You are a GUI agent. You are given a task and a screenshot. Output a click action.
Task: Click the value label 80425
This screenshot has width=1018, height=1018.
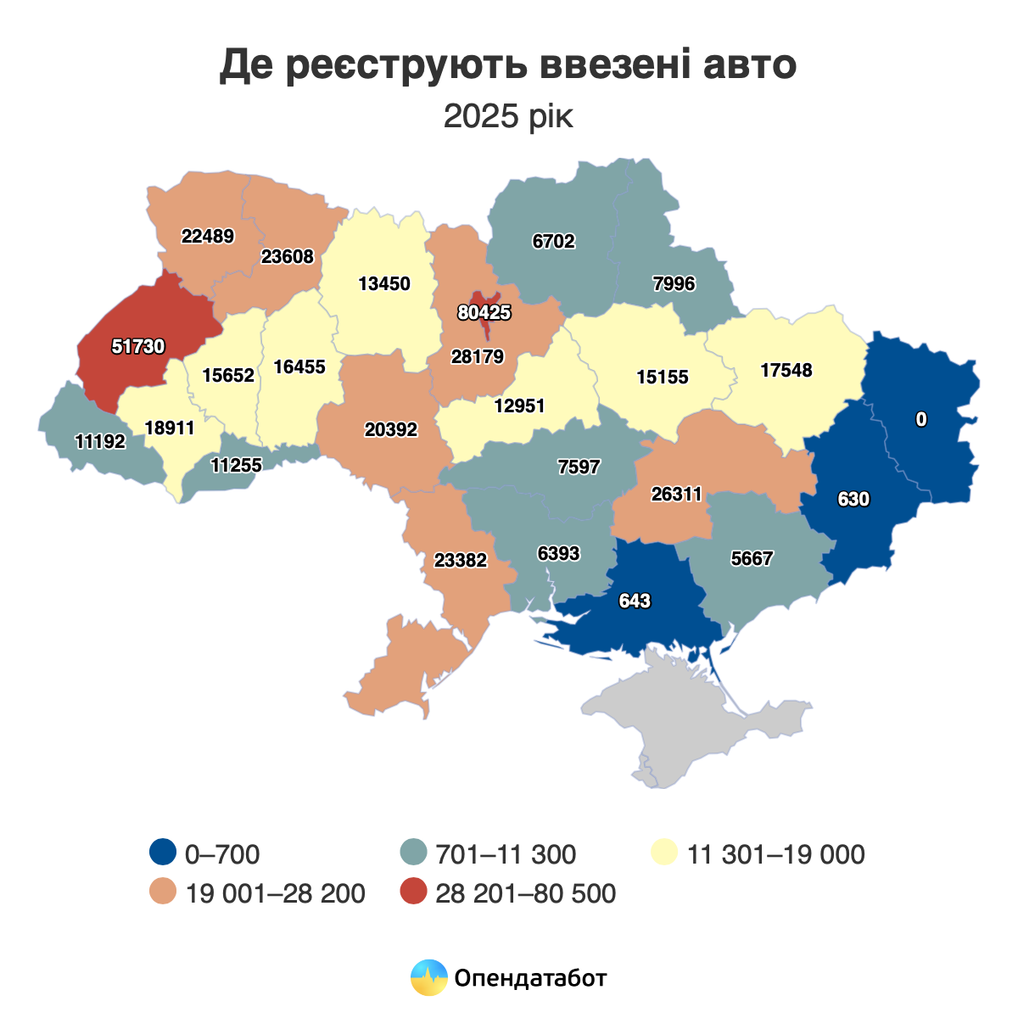(x=484, y=312)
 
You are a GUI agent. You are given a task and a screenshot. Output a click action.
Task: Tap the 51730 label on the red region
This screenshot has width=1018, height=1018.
(x=138, y=346)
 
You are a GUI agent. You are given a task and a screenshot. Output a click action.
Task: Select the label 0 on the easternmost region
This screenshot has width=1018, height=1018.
(x=921, y=419)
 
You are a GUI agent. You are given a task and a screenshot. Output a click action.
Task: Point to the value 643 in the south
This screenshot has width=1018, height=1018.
(x=635, y=601)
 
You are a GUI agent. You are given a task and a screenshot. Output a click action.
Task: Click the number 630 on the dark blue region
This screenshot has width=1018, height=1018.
(x=853, y=500)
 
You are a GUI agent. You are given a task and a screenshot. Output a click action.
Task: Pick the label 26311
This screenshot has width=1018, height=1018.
(x=676, y=494)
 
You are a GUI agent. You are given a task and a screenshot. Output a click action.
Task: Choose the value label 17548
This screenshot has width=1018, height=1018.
(x=786, y=370)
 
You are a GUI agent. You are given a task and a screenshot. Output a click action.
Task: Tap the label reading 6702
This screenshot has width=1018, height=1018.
(x=553, y=242)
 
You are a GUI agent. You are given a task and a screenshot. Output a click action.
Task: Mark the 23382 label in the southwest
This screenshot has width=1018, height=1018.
(x=461, y=560)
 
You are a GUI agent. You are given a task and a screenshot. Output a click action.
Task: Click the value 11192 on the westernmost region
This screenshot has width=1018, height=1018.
(x=100, y=441)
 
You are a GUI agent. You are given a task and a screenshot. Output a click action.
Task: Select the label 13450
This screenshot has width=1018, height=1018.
(x=384, y=283)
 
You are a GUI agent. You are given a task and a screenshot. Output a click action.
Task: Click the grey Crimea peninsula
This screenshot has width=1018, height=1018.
(x=696, y=721)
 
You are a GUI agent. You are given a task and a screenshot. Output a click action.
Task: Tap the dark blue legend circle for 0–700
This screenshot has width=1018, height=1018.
(x=162, y=853)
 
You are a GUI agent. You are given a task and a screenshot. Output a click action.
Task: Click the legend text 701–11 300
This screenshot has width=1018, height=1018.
(x=506, y=854)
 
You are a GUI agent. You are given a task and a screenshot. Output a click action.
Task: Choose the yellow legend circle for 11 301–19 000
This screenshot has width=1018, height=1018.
(x=664, y=853)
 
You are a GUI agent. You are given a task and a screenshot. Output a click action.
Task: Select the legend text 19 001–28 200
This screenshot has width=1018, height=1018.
(x=275, y=893)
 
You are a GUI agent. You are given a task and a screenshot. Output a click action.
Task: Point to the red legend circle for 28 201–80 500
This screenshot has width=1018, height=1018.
(x=413, y=892)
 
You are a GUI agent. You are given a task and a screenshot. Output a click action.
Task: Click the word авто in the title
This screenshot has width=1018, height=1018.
(x=750, y=65)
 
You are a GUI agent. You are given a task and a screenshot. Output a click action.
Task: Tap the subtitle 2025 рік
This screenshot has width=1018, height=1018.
(x=508, y=116)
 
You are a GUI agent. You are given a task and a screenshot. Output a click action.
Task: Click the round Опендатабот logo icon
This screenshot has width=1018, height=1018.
(x=428, y=977)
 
